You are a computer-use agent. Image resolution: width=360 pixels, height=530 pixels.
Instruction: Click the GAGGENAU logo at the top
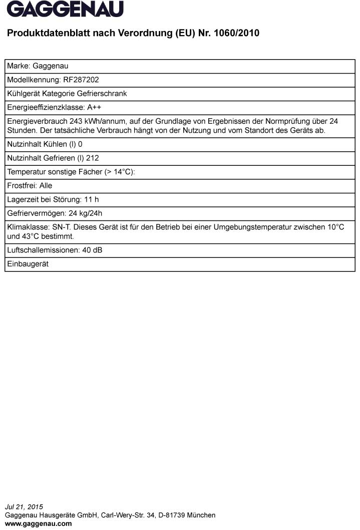point(65,9)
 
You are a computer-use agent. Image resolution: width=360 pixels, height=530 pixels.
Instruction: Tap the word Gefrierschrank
point(105,93)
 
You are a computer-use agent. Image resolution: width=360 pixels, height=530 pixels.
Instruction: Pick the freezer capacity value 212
point(93,158)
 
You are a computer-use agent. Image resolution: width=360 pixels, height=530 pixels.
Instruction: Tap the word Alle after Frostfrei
point(46,185)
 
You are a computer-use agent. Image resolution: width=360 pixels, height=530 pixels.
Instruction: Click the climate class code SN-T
point(60,227)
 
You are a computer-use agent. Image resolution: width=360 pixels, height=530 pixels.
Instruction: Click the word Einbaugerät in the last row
point(28,264)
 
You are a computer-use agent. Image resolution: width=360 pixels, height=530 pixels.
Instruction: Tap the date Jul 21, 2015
point(24,507)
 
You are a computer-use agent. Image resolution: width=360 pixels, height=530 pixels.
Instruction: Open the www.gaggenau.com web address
point(38,523)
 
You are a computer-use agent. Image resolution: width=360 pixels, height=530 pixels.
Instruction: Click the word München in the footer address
point(203,515)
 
